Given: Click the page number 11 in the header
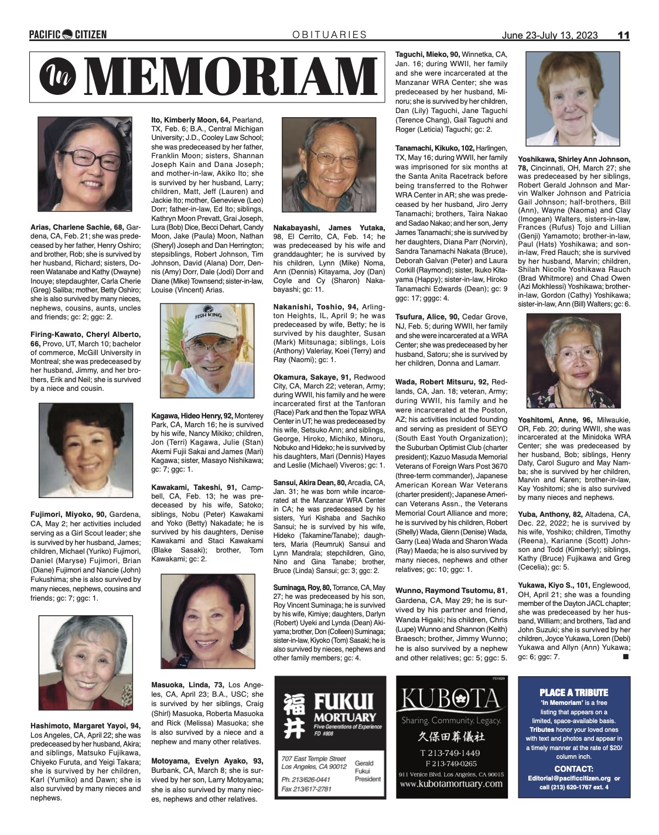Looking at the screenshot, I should [623, 35].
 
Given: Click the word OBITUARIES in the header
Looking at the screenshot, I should [330, 35].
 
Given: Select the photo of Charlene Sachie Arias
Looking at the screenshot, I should [85, 163].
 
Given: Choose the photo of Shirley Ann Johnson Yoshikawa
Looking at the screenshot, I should [572, 98].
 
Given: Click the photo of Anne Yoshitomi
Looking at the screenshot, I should [573, 361].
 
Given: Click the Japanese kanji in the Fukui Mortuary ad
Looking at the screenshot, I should [294, 715].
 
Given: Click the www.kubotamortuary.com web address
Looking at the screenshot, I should [449, 783].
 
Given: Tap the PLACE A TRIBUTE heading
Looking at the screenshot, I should [573, 692].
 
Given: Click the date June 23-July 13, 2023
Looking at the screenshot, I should [550, 35].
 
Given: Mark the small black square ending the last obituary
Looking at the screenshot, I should [625, 657].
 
